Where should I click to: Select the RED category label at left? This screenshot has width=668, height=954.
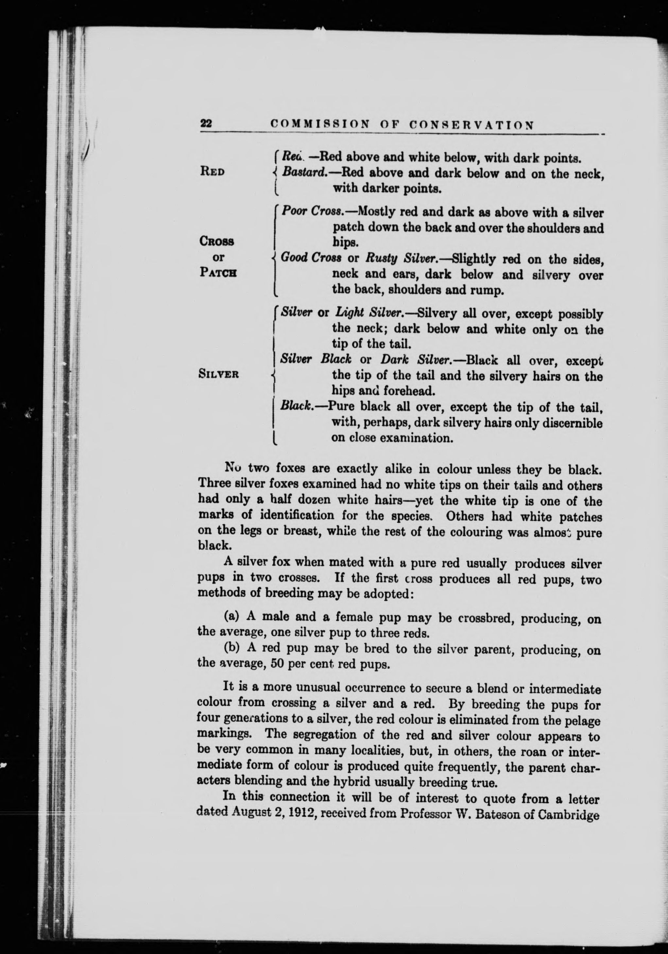tap(212, 172)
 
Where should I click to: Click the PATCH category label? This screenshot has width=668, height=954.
tap(218, 273)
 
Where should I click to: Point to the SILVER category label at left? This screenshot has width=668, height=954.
tap(218, 374)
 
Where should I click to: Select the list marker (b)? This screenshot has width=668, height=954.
tap(232, 649)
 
